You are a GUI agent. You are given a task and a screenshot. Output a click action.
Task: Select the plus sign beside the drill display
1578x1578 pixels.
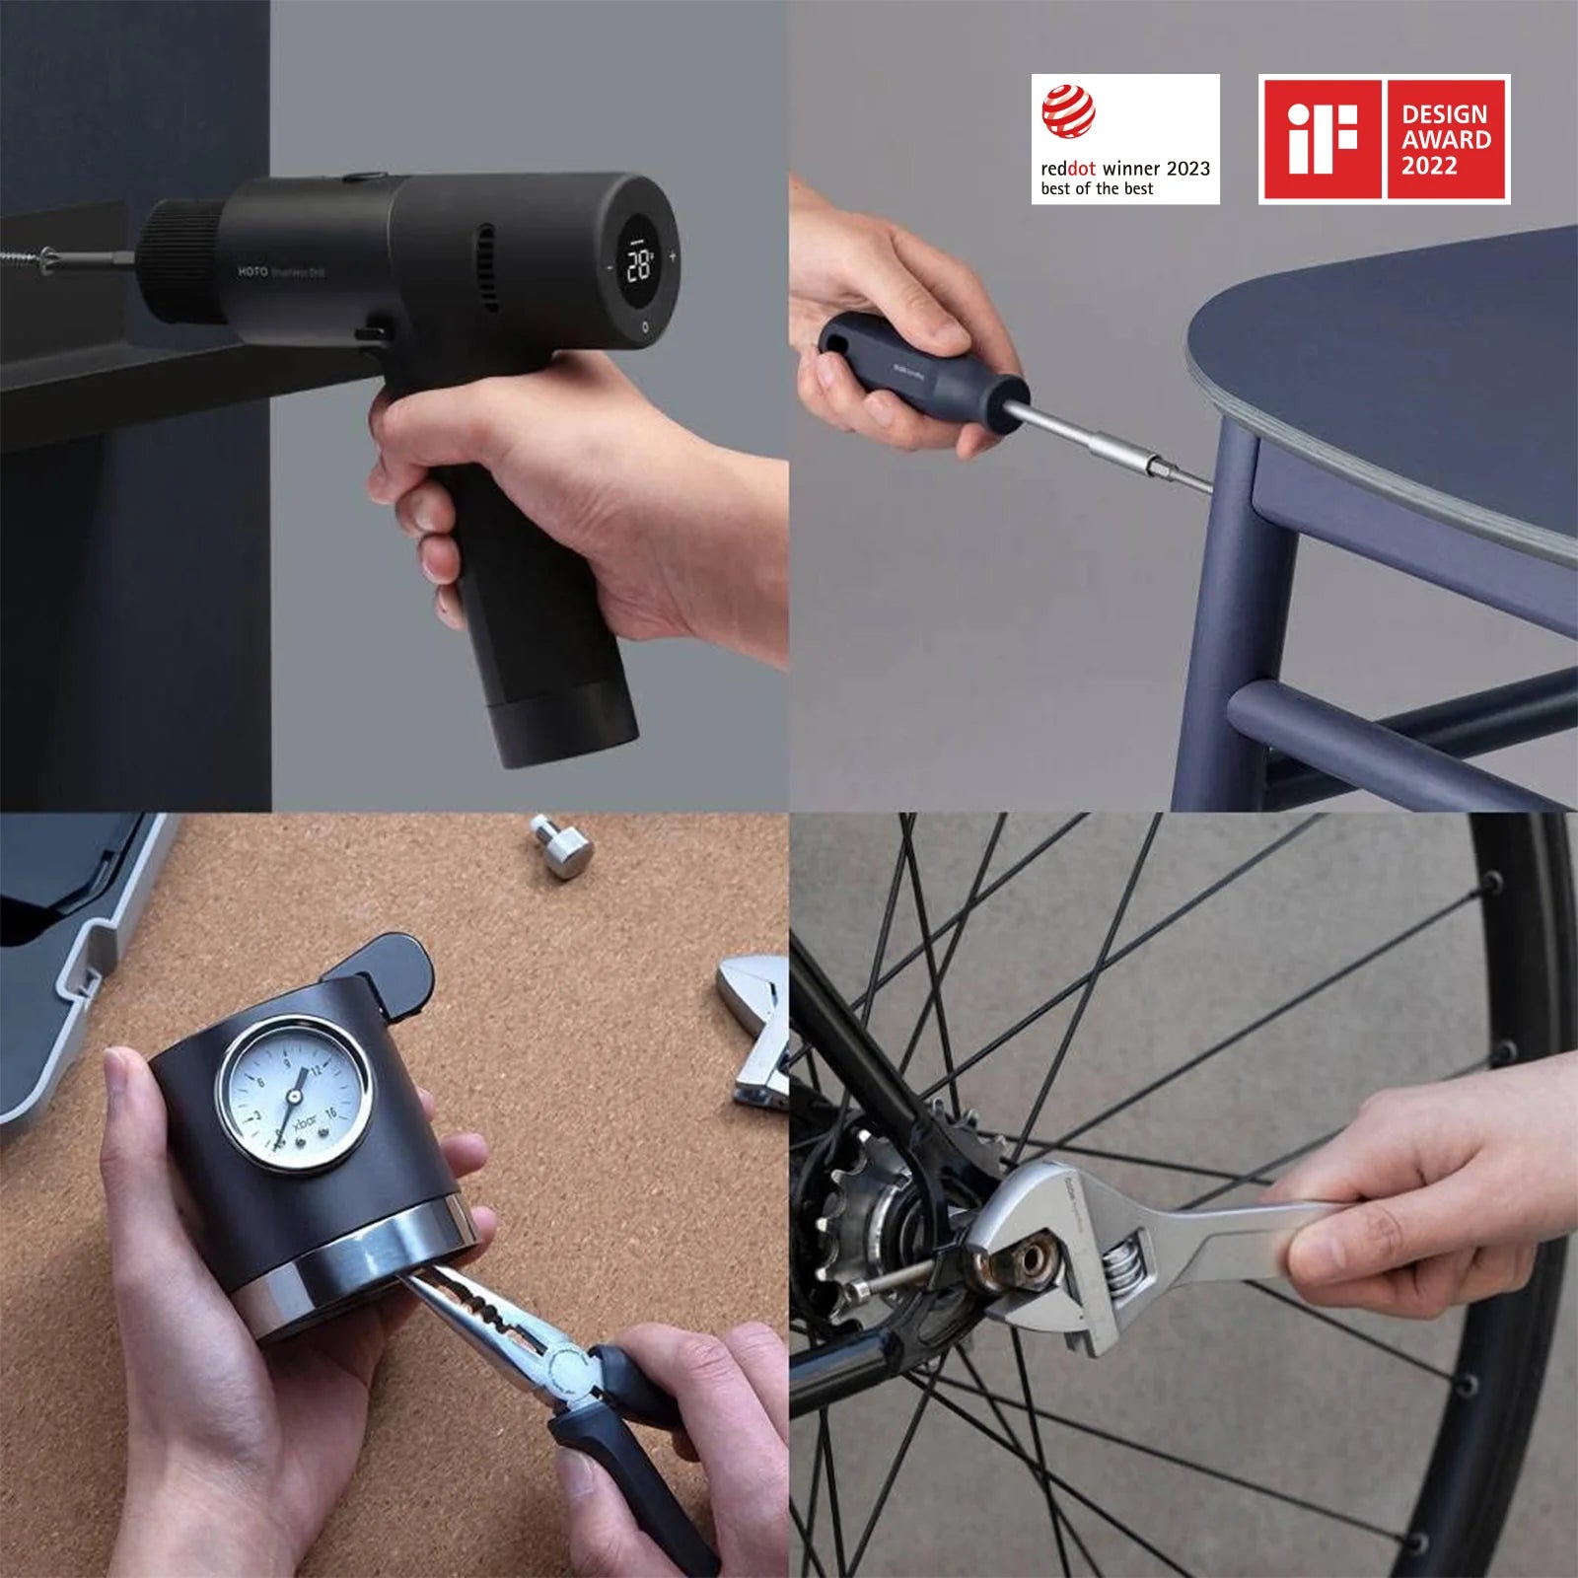pos(674,256)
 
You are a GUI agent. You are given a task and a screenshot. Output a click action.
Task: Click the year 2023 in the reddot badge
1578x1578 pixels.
pos(1187,169)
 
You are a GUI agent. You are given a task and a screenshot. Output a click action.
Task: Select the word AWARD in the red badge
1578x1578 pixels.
pos(1446,140)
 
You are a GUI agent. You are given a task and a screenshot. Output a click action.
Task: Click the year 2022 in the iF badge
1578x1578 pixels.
pos(1429,167)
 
